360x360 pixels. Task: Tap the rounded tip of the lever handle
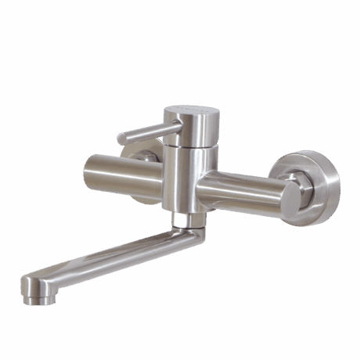point(121,139)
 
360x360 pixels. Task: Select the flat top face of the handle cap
point(195,110)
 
